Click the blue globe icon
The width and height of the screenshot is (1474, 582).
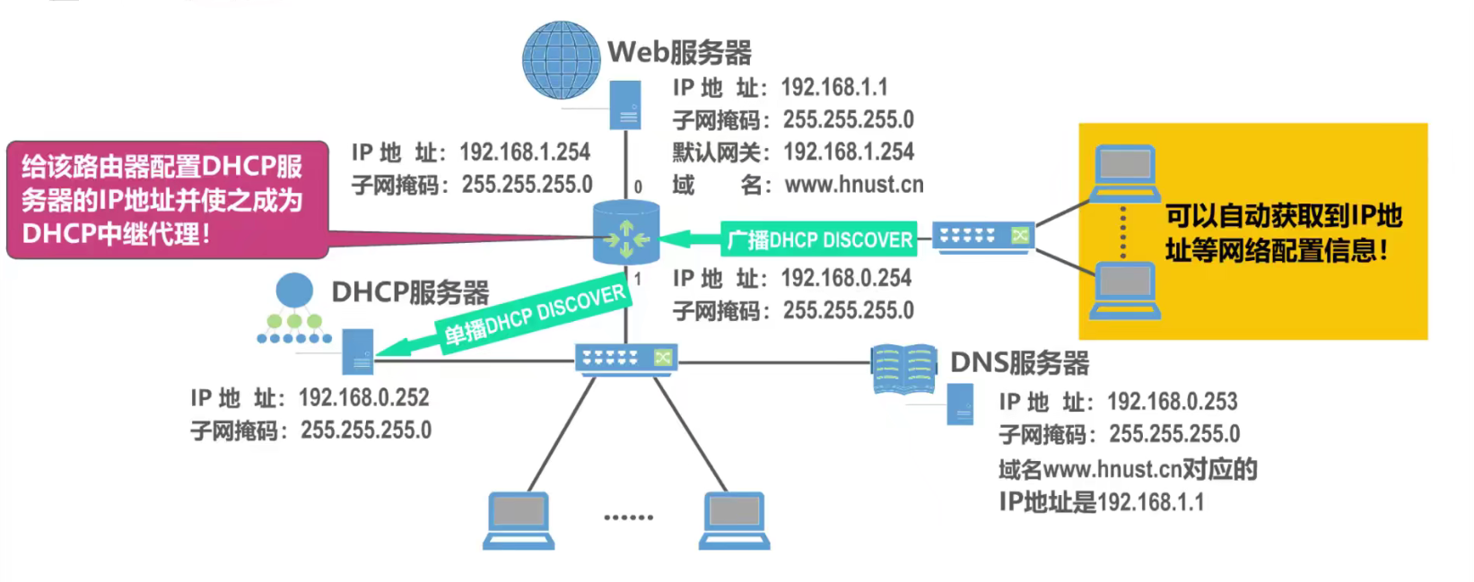click(x=562, y=60)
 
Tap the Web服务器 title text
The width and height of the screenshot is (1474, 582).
click(x=679, y=52)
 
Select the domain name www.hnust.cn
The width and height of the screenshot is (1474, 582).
click(x=853, y=185)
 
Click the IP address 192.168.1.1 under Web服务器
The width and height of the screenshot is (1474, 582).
click(x=833, y=87)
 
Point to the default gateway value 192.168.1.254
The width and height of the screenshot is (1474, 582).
click(x=848, y=152)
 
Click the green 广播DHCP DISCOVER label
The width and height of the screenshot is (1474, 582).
click(x=819, y=239)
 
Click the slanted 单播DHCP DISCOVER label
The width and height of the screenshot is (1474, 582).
click(x=535, y=316)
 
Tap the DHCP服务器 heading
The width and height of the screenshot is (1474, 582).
click(x=410, y=292)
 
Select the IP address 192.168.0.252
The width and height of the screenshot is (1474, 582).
click(x=363, y=397)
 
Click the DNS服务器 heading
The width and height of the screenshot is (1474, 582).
click(x=1019, y=362)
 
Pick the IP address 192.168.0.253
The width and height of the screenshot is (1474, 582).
click(x=1172, y=401)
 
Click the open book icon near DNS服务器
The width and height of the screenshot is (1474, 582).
click(x=903, y=369)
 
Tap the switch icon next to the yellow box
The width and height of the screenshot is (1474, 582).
click(x=983, y=236)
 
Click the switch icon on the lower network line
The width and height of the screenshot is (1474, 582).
click(x=626, y=359)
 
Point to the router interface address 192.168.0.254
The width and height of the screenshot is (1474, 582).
click(x=845, y=278)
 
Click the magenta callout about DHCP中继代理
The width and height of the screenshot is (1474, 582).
click(x=168, y=200)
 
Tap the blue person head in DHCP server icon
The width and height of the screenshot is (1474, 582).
click(x=294, y=291)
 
